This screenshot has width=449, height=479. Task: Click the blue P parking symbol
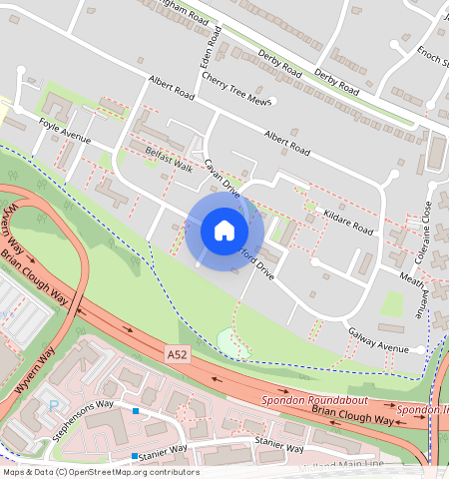pos(54,405)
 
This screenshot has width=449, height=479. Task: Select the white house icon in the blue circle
pos(224,232)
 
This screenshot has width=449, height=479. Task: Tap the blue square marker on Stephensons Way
pos(136,411)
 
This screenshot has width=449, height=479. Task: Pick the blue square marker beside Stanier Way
pos(135,456)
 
